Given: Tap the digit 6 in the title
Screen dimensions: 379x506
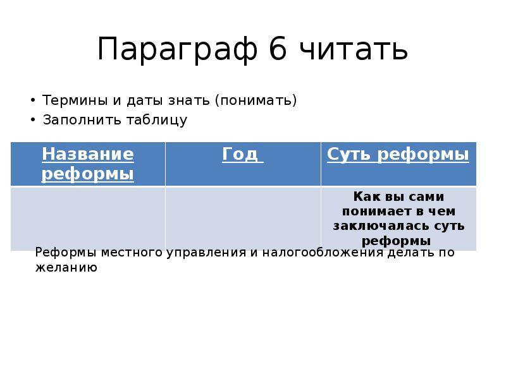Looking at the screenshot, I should coord(278,51).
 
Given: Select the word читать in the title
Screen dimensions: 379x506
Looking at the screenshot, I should coord(354,51).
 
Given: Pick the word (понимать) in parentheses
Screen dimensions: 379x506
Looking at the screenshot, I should coord(256,100).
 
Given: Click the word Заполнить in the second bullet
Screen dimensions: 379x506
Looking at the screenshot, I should coord(74,119).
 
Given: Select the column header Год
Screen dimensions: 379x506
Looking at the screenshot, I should coord(242,155).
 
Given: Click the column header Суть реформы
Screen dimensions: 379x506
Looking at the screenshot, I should coord(398,155).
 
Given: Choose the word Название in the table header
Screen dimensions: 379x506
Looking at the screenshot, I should coord(88,155).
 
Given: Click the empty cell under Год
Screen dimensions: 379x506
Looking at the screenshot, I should coord(243,217).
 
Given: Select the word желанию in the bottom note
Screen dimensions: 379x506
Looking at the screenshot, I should coord(66,267).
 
